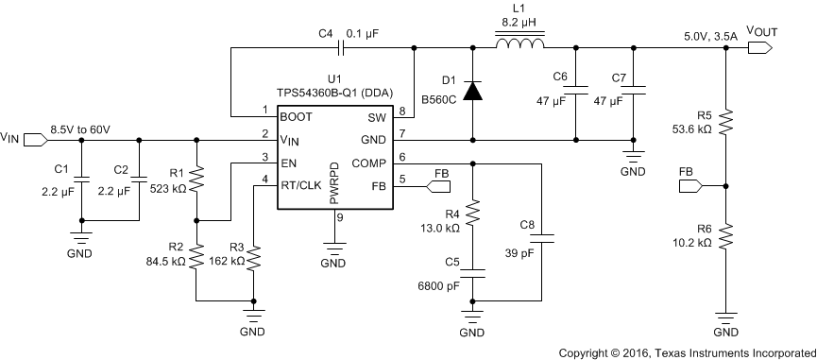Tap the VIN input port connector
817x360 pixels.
(x=32, y=140)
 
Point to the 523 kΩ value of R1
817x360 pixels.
(x=171, y=188)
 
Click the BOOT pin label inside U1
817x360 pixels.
(x=296, y=117)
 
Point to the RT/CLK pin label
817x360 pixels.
(x=301, y=185)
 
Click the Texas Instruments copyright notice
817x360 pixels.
(x=687, y=352)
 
